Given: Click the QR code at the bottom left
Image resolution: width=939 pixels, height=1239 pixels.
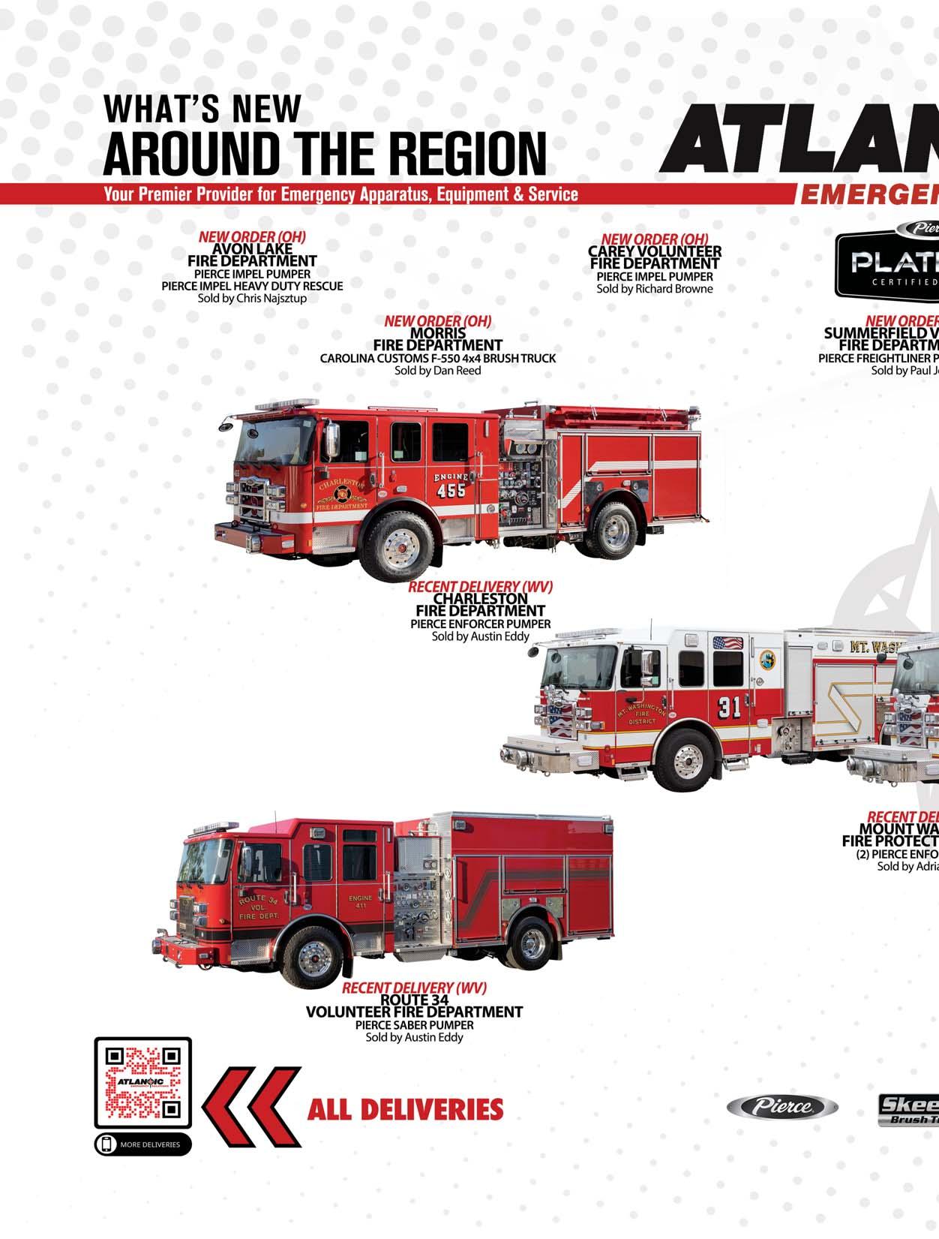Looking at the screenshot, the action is [142, 1082].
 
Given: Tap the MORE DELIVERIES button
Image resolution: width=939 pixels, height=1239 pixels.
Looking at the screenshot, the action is [142, 1144].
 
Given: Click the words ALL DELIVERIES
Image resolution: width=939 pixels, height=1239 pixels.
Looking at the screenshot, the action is [405, 1109].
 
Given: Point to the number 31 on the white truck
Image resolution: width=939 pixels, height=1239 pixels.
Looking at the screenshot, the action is [729, 706].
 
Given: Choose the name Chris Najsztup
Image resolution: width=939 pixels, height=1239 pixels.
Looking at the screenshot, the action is [271, 298].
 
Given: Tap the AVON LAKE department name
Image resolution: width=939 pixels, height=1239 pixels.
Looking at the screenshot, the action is [252, 248].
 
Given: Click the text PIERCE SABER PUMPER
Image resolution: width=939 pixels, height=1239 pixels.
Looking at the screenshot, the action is [414, 1024].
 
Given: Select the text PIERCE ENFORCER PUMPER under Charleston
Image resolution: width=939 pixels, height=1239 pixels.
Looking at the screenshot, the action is [480, 624].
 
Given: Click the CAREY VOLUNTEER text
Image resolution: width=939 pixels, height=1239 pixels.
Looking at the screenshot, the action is [654, 252].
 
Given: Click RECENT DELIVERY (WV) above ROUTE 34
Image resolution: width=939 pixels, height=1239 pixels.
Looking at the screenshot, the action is [414, 988].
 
